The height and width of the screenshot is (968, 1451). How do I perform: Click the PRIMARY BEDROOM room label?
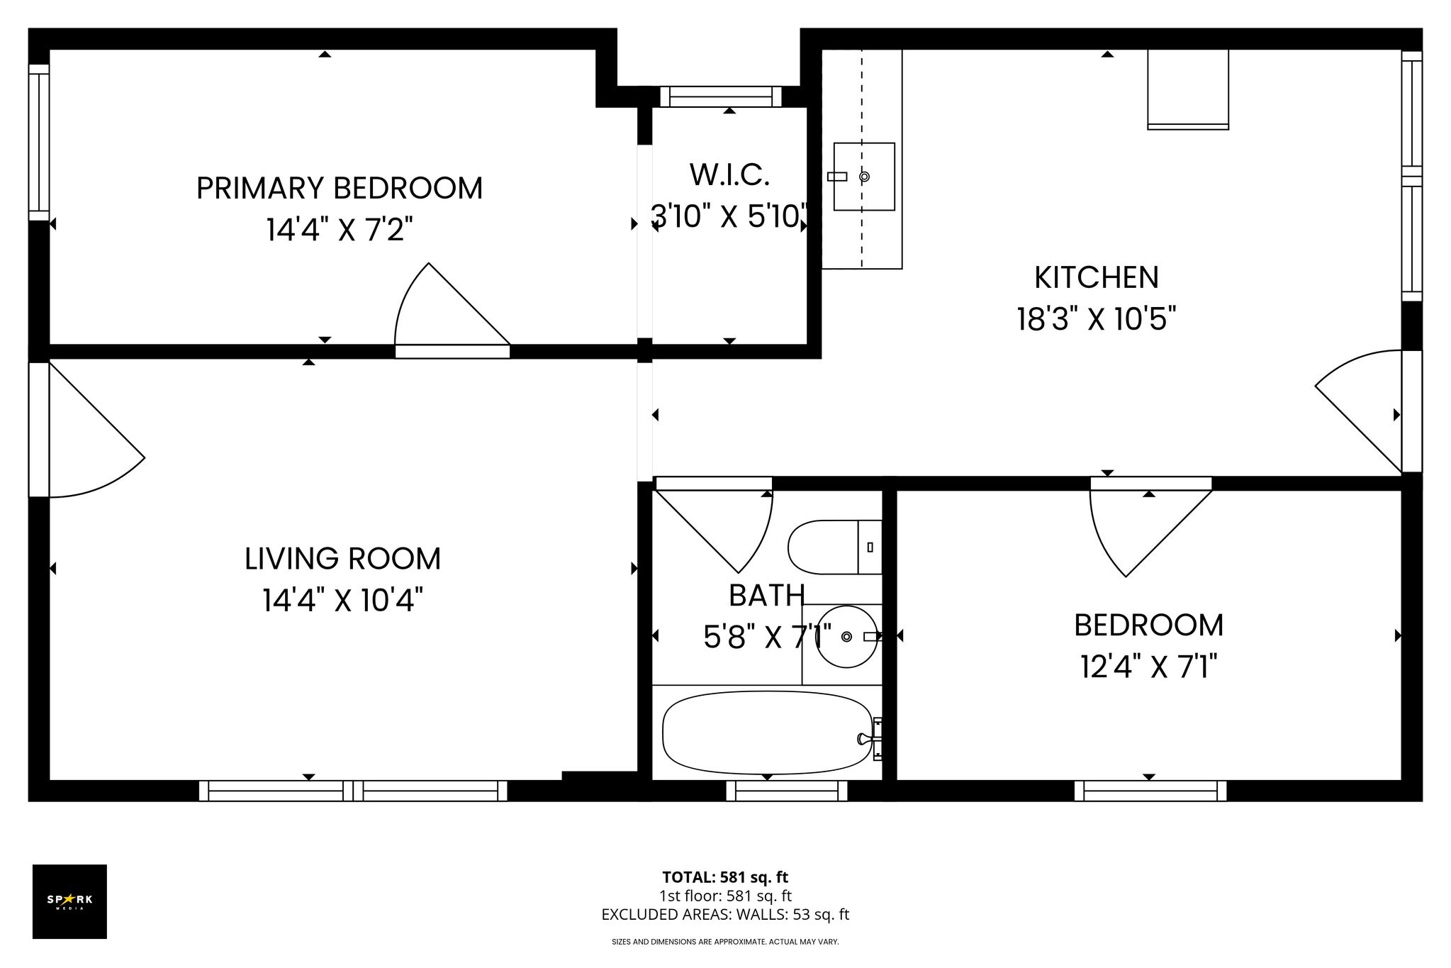click(x=339, y=189)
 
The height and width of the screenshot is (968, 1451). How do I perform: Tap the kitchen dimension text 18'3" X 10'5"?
click(x=1097, y=319)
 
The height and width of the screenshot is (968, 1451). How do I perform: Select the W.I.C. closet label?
click(x=729, y=175)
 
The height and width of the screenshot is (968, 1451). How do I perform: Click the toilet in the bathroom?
click(x=835, y=547)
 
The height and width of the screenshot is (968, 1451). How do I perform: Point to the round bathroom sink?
click(x=846, y=636)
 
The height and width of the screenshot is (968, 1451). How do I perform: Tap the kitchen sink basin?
click(x=864, y=177)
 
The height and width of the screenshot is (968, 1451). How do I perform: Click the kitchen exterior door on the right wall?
click(x=1359, y=411)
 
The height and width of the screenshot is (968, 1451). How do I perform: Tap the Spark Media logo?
click(x=69, y=901)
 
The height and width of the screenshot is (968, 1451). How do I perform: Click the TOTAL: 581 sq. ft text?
click(x=725, y=877)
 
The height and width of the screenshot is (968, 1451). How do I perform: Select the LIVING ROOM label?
click(x=342, y=559)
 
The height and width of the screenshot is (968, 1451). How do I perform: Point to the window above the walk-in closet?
click(x=721, y=96)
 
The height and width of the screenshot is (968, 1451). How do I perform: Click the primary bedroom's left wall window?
click(x=39, y=143)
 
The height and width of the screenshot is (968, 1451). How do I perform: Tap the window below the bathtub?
click(x=787, y=790)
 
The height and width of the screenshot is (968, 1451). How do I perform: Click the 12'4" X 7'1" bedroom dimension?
click(x=1149, y=667)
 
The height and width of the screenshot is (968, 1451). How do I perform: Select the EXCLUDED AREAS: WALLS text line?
click(x=725, y=915)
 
